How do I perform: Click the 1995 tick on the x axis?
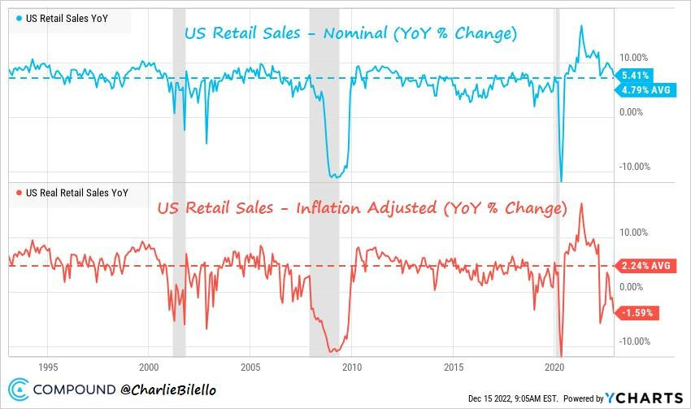[48, 367]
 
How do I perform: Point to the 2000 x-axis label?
[150, 367]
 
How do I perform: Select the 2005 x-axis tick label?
[250, 367]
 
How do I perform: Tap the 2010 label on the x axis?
[352, 367]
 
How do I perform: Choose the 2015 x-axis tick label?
[454, 367]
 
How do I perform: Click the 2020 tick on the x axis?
[554, 367]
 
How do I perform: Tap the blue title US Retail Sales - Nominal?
[350, 34]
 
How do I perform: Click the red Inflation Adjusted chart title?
[362, 208]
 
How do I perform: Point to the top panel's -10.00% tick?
[635, 167]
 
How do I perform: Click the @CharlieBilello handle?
[168, 389]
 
